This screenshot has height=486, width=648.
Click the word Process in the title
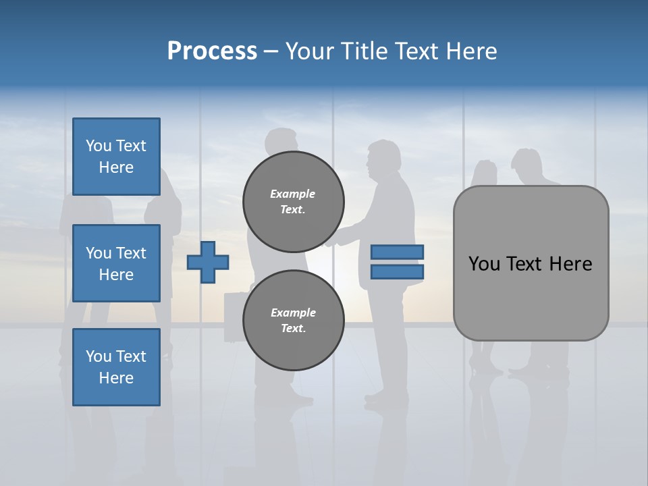pos(212,51)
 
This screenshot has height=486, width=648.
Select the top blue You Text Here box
pos(116,157)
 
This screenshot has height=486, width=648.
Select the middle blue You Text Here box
pos(116,263)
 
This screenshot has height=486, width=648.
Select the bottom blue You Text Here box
pos(116,367)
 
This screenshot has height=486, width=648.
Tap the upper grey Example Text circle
pos(293,201)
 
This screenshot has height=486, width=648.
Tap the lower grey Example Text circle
pos(293,320)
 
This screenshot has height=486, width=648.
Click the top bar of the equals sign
pos(398,252)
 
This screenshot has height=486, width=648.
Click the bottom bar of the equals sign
pos(398,271)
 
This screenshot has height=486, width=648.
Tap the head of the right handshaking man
pos(382,159)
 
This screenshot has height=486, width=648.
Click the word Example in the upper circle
pos(293,194)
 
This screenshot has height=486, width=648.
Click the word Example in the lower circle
pos(293,313)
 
